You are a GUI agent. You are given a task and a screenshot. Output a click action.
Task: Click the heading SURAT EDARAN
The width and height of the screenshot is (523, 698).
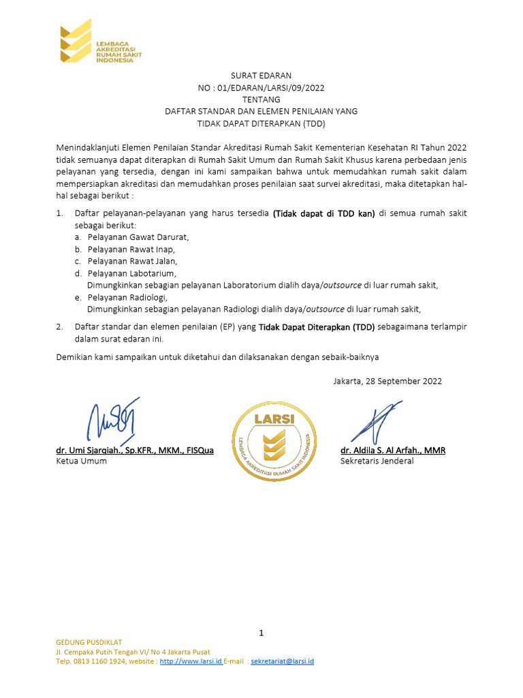tap(261, 75)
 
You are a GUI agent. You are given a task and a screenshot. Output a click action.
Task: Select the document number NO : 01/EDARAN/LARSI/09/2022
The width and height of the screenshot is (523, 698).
tap(261, 87)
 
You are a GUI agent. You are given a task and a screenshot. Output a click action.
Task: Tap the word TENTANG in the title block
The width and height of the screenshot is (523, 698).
tap(261, 99)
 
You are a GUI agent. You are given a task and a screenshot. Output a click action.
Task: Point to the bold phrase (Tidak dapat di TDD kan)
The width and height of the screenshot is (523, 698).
tap(324, 213)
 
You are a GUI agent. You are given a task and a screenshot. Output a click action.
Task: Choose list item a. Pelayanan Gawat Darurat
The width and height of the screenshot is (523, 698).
tap(132, 237)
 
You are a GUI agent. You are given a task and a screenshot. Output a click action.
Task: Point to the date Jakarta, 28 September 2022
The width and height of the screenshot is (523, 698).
tap(387, 381)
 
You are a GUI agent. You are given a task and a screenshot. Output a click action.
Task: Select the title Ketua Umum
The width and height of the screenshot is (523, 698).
tap(81, 461)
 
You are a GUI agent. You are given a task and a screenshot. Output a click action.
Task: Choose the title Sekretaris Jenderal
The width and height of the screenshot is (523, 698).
tap(377, 461)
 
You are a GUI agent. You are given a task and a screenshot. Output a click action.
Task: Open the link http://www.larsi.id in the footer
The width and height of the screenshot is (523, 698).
tap(191, 661)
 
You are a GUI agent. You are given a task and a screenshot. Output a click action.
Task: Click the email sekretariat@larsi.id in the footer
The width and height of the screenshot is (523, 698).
tap(282, 661)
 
